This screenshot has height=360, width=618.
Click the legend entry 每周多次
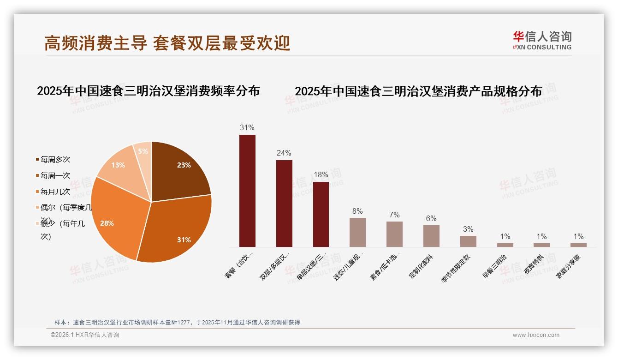click(x=55, y=160)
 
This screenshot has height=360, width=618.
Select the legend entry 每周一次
click(x=55, y=176)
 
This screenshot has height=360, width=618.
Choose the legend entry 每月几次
click(x=55, y=192)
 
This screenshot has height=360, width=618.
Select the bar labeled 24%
click(x=284, y=204)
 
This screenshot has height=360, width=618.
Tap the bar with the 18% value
click(x=321, y=214)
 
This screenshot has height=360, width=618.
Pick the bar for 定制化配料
click(x=431, y=236)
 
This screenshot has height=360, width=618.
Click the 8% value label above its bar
click(x=357, y=211)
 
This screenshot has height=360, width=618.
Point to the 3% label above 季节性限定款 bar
click(x=468, y=229)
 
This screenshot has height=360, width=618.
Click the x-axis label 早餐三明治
click(x=494, y=266)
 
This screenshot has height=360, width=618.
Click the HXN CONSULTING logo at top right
click(x=542, y=41)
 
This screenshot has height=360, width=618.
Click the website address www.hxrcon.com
click(x=536, y=335)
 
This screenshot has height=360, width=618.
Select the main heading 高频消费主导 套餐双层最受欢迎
click(x=167, y=43)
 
